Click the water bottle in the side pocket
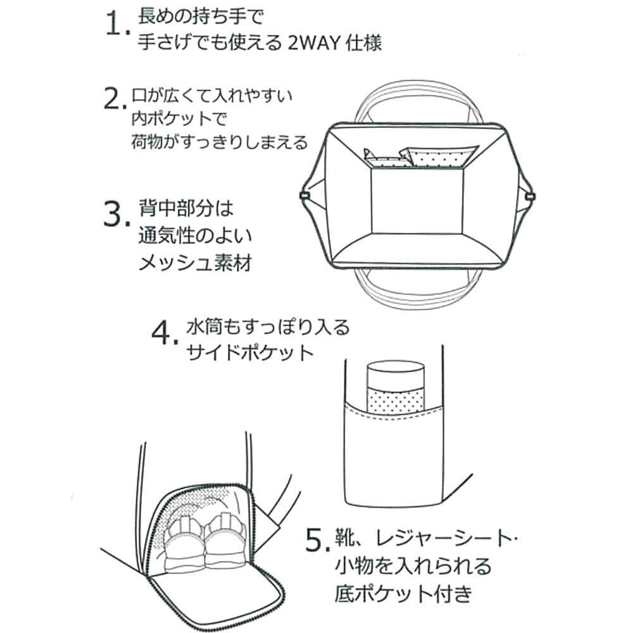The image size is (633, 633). coord(395,387)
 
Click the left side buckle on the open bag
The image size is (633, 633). coord(303,196)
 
